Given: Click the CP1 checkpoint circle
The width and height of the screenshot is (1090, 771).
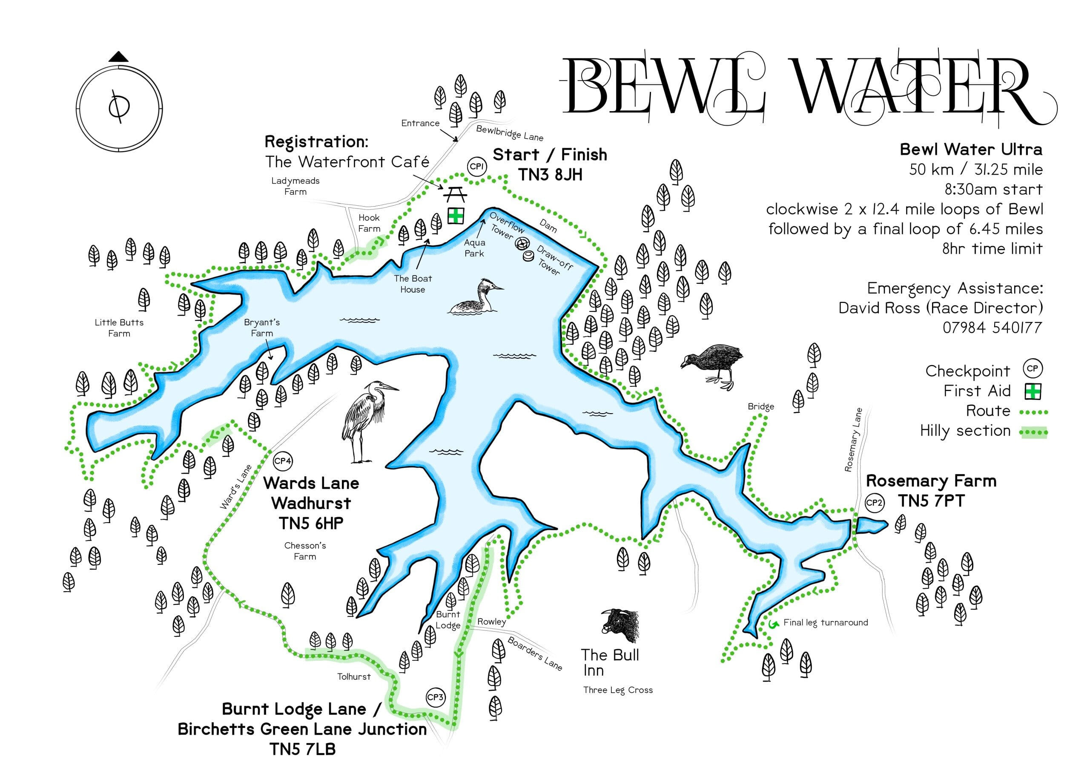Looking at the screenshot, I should coord(476,167).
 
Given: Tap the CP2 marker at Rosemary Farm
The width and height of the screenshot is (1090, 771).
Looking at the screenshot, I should coord(874,503).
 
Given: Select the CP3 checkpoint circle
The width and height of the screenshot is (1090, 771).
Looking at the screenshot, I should coord(435,697).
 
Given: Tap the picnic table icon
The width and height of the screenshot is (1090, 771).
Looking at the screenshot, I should coord(455,194).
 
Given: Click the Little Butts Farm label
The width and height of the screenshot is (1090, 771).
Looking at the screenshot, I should coord(119,328).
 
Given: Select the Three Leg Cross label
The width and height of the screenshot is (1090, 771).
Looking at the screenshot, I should coord(618,690).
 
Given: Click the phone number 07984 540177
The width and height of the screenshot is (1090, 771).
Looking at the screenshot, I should coord(992,328).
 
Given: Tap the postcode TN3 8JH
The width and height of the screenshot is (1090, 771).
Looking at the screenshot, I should coord(550,175).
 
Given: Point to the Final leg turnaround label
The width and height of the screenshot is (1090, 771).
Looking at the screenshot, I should coord(825,622).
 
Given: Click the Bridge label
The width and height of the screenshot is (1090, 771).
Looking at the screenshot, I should coord(760,406).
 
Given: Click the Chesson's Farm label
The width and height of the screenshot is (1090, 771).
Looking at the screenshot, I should coord(305,551).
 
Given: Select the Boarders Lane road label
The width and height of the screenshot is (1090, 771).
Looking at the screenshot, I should coord(534,654).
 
